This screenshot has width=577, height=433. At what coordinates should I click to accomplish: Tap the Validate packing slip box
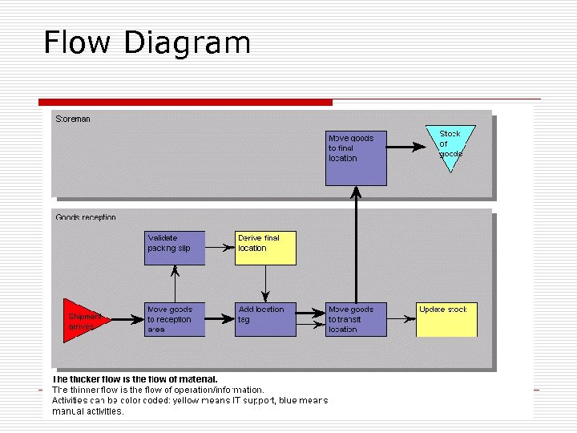click(176, 248)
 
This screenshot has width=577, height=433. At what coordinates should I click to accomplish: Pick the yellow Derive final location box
click(266, 248)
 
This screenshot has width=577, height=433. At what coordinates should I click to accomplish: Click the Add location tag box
click(266, 319)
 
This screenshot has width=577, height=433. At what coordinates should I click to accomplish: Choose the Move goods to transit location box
click(356, 319)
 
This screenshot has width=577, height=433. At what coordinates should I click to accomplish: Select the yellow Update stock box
click(446, 319)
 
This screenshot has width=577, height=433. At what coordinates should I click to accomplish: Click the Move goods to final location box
click(356, 158)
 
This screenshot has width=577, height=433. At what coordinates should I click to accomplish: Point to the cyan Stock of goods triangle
click(450, 145)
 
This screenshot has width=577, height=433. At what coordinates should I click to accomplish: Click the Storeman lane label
click(73, 119)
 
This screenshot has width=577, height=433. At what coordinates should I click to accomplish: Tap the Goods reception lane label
click(86, 217)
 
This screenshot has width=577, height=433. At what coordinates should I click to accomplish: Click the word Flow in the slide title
click(78, 42)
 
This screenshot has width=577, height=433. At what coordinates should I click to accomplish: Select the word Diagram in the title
click(188, 42)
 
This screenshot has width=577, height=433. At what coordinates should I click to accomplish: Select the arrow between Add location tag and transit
click(311, 319)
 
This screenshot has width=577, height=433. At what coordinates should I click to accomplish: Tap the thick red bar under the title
click(185, 103)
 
